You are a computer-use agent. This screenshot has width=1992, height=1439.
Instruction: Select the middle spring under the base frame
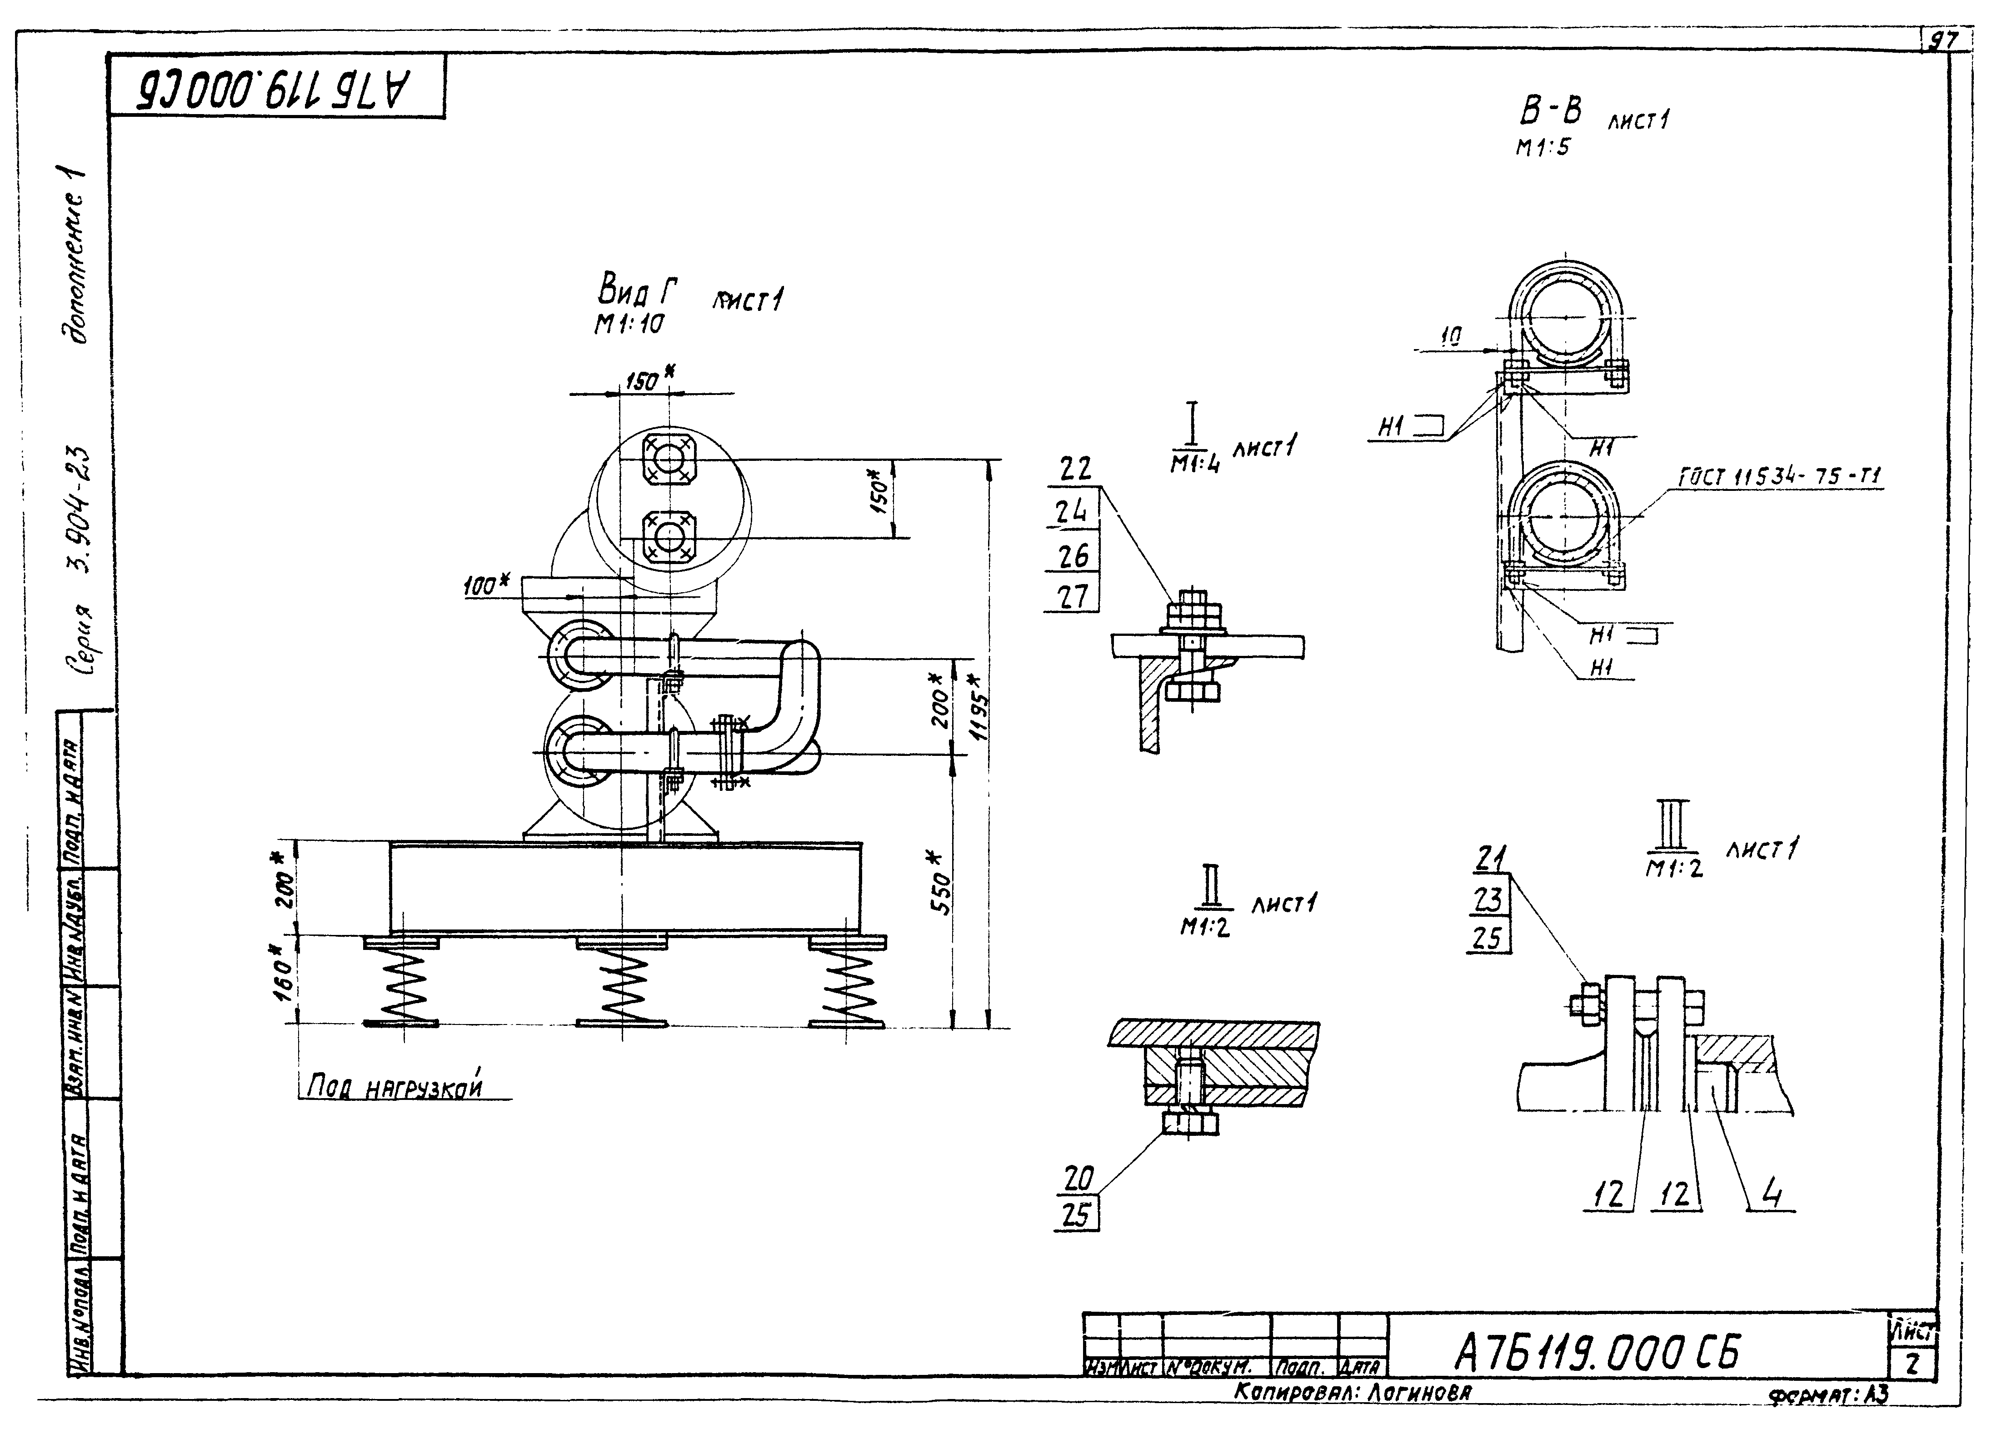[x=622, y=981]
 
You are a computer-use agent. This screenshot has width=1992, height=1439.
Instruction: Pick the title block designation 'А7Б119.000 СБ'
[x=1596, y=1353]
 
